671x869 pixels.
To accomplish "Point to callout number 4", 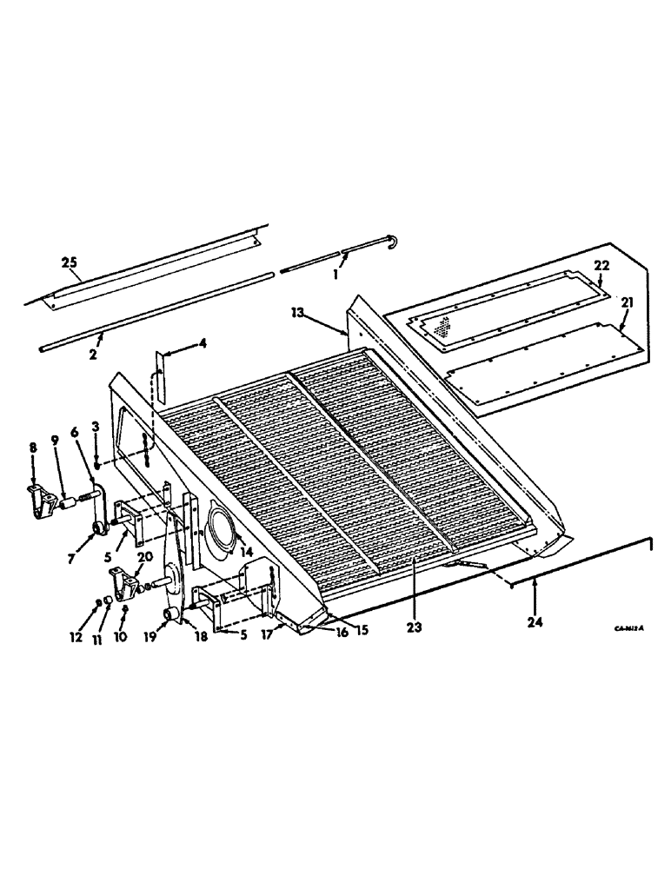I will pos(202,343).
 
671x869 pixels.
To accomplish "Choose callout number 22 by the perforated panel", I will pos(601,265).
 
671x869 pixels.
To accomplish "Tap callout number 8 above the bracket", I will pos(32,448).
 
